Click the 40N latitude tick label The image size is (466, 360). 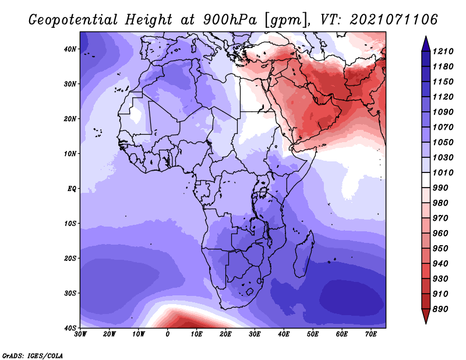(x=70, y=49)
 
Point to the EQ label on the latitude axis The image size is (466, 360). (x=72, y=189)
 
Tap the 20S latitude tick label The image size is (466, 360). (x=70, y=258)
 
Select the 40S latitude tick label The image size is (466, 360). (x=70, y=328)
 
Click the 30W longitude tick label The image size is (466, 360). (x=80, y=334)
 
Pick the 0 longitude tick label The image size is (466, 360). (x=168, y=334)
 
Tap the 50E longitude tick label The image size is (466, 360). (x=313, y=334)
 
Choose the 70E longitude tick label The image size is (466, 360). (x=371, y=334)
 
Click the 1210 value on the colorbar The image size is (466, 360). (x=443, y=51)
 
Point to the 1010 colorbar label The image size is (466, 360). (x=443, y=172)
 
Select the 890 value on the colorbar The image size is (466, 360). (x=440, y=309)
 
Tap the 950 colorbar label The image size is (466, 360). (x=440, y=249)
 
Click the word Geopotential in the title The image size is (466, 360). (x=73, y=20)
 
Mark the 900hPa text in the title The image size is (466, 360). (x=230, y=20)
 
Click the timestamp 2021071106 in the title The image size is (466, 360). (x=394, y=20)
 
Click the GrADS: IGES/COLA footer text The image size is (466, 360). (x=33, y=355)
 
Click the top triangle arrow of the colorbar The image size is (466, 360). (x=426, y=44)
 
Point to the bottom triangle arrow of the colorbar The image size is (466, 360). (x=426, y=316)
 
